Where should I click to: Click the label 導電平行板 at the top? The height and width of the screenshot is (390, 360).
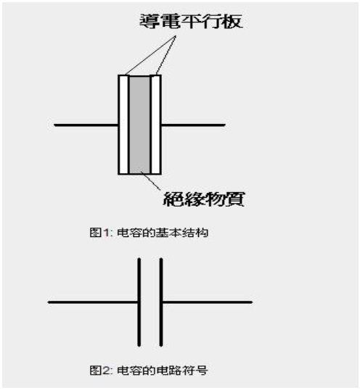191,22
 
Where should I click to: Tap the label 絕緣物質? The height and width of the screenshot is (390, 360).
204,199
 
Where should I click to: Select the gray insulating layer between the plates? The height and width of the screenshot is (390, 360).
139,125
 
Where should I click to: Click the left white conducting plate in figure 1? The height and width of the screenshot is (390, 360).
123,125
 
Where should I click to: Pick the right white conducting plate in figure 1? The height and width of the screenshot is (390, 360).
155,125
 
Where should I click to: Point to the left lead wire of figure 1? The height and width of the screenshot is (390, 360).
86,125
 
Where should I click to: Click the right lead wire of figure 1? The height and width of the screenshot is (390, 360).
193,125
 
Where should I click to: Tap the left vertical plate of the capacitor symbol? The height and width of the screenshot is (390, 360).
139,302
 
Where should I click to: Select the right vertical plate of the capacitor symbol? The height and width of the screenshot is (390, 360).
161,302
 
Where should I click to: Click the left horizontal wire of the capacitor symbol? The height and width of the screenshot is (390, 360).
93,302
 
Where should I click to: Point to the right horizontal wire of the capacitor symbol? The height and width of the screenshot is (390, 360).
208,302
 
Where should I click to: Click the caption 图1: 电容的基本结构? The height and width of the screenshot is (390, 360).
149,233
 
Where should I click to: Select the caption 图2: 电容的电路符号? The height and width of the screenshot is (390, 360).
149,370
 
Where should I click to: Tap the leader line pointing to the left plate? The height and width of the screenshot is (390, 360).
150,55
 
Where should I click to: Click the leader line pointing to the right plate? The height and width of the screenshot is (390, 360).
165,55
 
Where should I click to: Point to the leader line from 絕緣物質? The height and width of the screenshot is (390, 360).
151,181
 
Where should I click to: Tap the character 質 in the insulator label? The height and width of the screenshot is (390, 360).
234,199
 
